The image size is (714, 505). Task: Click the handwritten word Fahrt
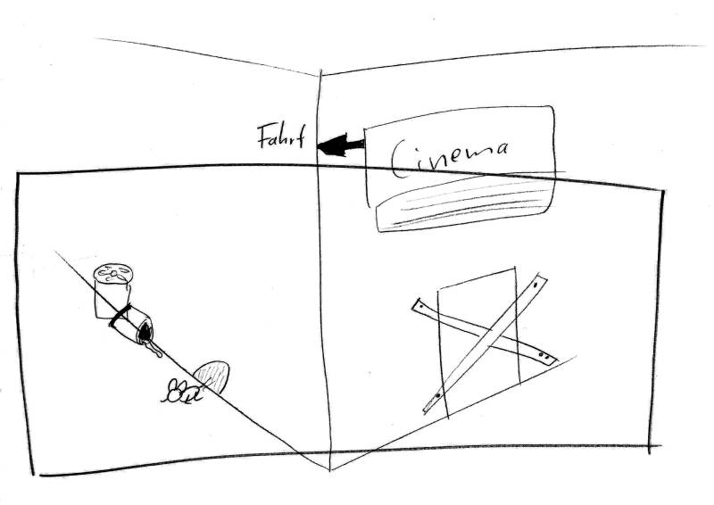[x=279, y=138]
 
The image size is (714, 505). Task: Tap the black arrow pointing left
[x=338, y=145]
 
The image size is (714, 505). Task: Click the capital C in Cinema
[x=402, y=159]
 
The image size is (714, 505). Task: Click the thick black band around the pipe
[x=120, y=317]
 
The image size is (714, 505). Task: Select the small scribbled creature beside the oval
[x=178, y=389]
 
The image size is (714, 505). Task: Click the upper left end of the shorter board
[x=418, y=305]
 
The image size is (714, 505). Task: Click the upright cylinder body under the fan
[x=108, y=299]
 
